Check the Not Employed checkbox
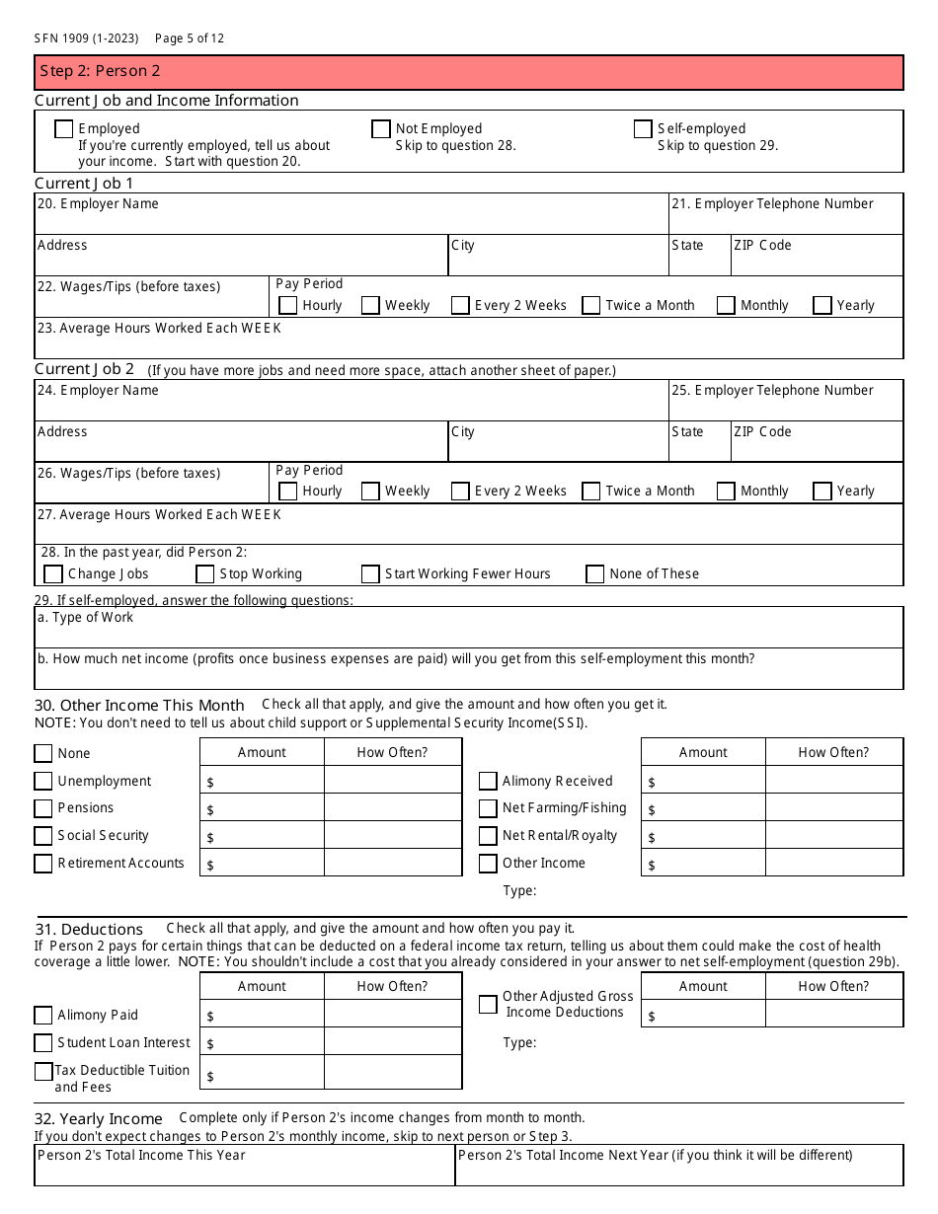click(380, 129)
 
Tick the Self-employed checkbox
click(643, 129)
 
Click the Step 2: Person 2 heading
click(100, 71)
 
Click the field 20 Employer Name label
click(98, 204)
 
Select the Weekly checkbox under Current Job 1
click(370, 306)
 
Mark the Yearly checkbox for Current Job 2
click(822, 492)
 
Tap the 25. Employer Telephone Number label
click(772, 391)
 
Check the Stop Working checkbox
click(205, 574)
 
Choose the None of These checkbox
click(594, 574)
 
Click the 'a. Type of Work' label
click(85, 618)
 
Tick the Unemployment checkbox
click(43, 782)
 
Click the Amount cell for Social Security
click(262, 836)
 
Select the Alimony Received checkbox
click(488, 782)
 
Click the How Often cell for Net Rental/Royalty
click(833, 836)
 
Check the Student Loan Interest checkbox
click(43, 1043)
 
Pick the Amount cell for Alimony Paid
click(262, 1015)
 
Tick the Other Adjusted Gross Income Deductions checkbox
click(488, 1005)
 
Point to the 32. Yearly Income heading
click(99, 1119)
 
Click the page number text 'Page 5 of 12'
click(190, 38)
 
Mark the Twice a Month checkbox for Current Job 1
click(591, 306)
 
